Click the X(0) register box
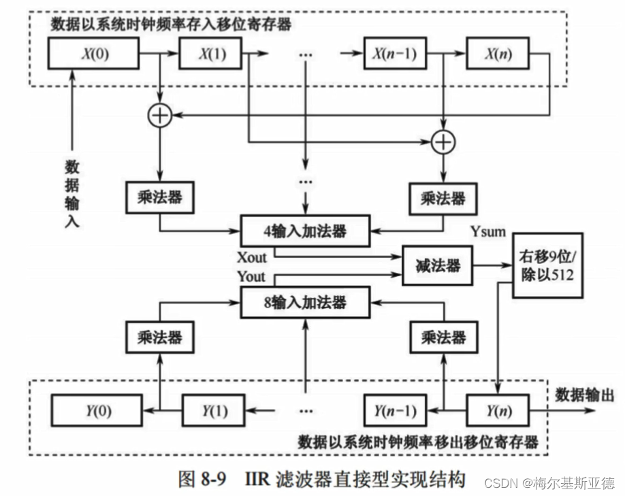[x=93, y=53]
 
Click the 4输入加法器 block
[x=305, y=231]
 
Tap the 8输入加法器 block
[x=305, y=302]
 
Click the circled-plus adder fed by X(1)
[x=443, y=142]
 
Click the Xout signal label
[x=252, y=258]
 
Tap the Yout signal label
[x=252, y=276]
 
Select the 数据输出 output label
[x=584, y=395]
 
